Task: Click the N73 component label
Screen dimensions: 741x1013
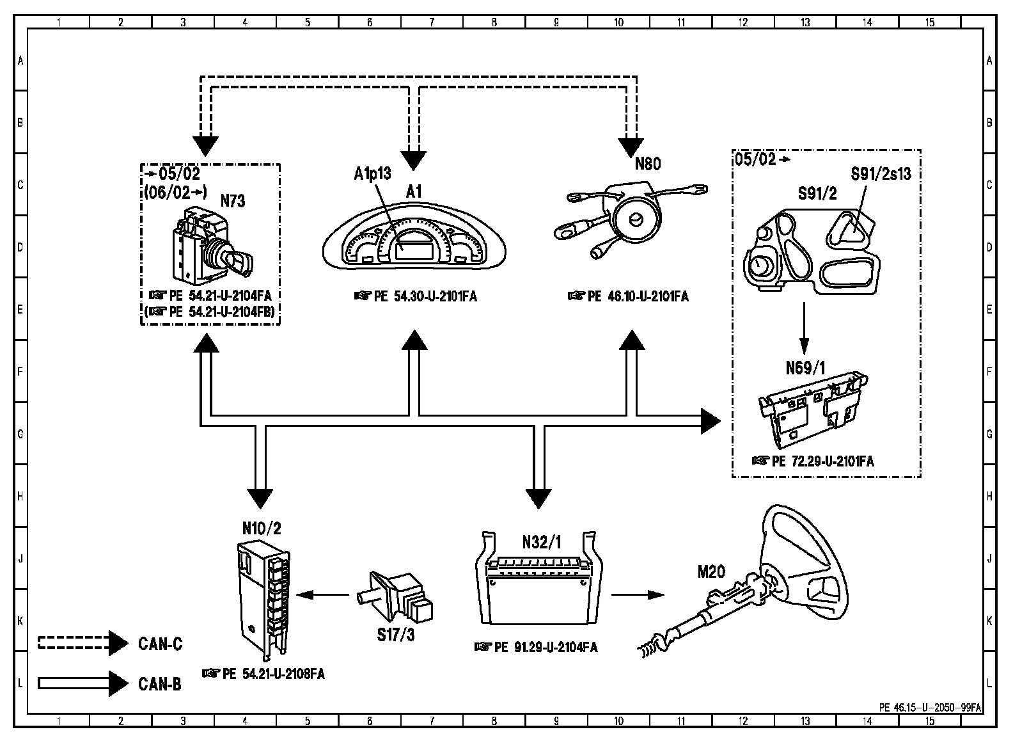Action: coord(233,201)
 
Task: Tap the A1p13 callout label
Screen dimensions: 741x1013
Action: coord(373,173)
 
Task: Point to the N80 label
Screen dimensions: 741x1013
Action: coord(647,164)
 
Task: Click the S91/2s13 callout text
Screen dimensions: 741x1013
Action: coord(881,173)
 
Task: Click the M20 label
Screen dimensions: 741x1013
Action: coord(711,571)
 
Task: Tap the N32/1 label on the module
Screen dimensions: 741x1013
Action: coord(541,543)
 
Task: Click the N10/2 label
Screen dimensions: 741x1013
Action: coord(262,528)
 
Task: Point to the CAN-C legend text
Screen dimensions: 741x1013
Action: coord(160,643)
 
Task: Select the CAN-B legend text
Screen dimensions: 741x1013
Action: coord(160,684)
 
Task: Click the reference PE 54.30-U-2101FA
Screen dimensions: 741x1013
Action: coord(416,296)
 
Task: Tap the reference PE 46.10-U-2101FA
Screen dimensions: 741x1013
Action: coord(628,296)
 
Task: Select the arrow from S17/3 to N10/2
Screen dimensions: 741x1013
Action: coord(324,595)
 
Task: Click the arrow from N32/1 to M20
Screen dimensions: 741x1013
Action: coord(638,595)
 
